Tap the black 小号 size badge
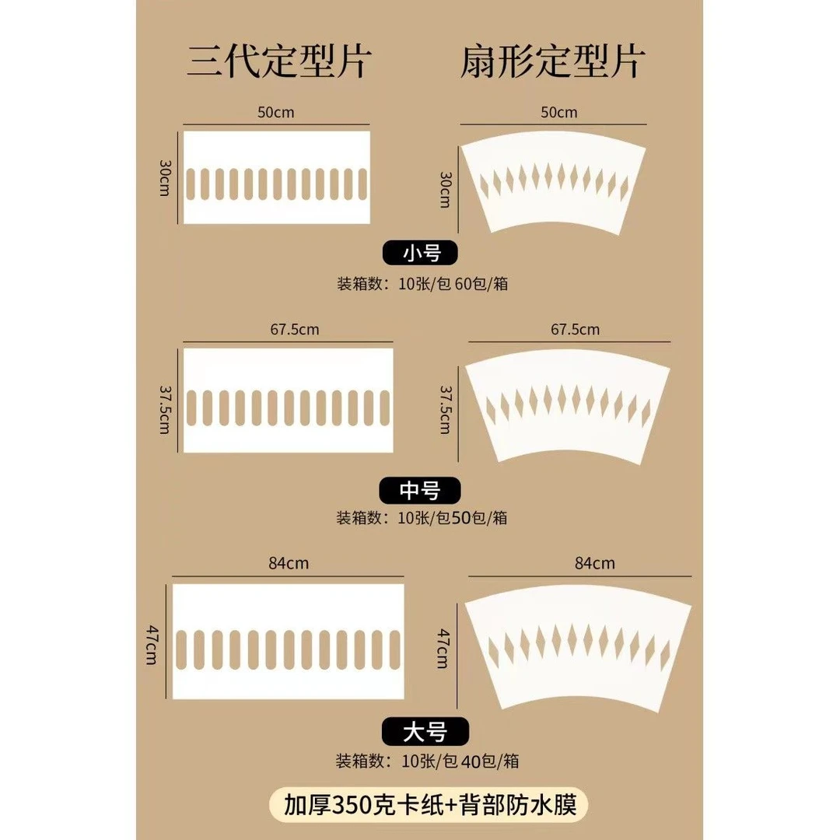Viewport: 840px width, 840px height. coord(421,254)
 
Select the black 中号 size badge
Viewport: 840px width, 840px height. coord(420,490)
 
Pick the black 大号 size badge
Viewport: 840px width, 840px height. coord(425,731)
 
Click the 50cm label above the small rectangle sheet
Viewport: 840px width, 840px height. coord(276,112)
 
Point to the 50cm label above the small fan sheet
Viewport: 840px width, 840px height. coord(558,112)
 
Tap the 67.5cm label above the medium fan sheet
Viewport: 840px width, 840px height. coord(576,329)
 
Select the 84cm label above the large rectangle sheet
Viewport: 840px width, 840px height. coord(288,563)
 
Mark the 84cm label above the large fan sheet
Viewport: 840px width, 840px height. coord(595,563)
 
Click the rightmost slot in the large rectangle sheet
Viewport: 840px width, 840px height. coord(396,644)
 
